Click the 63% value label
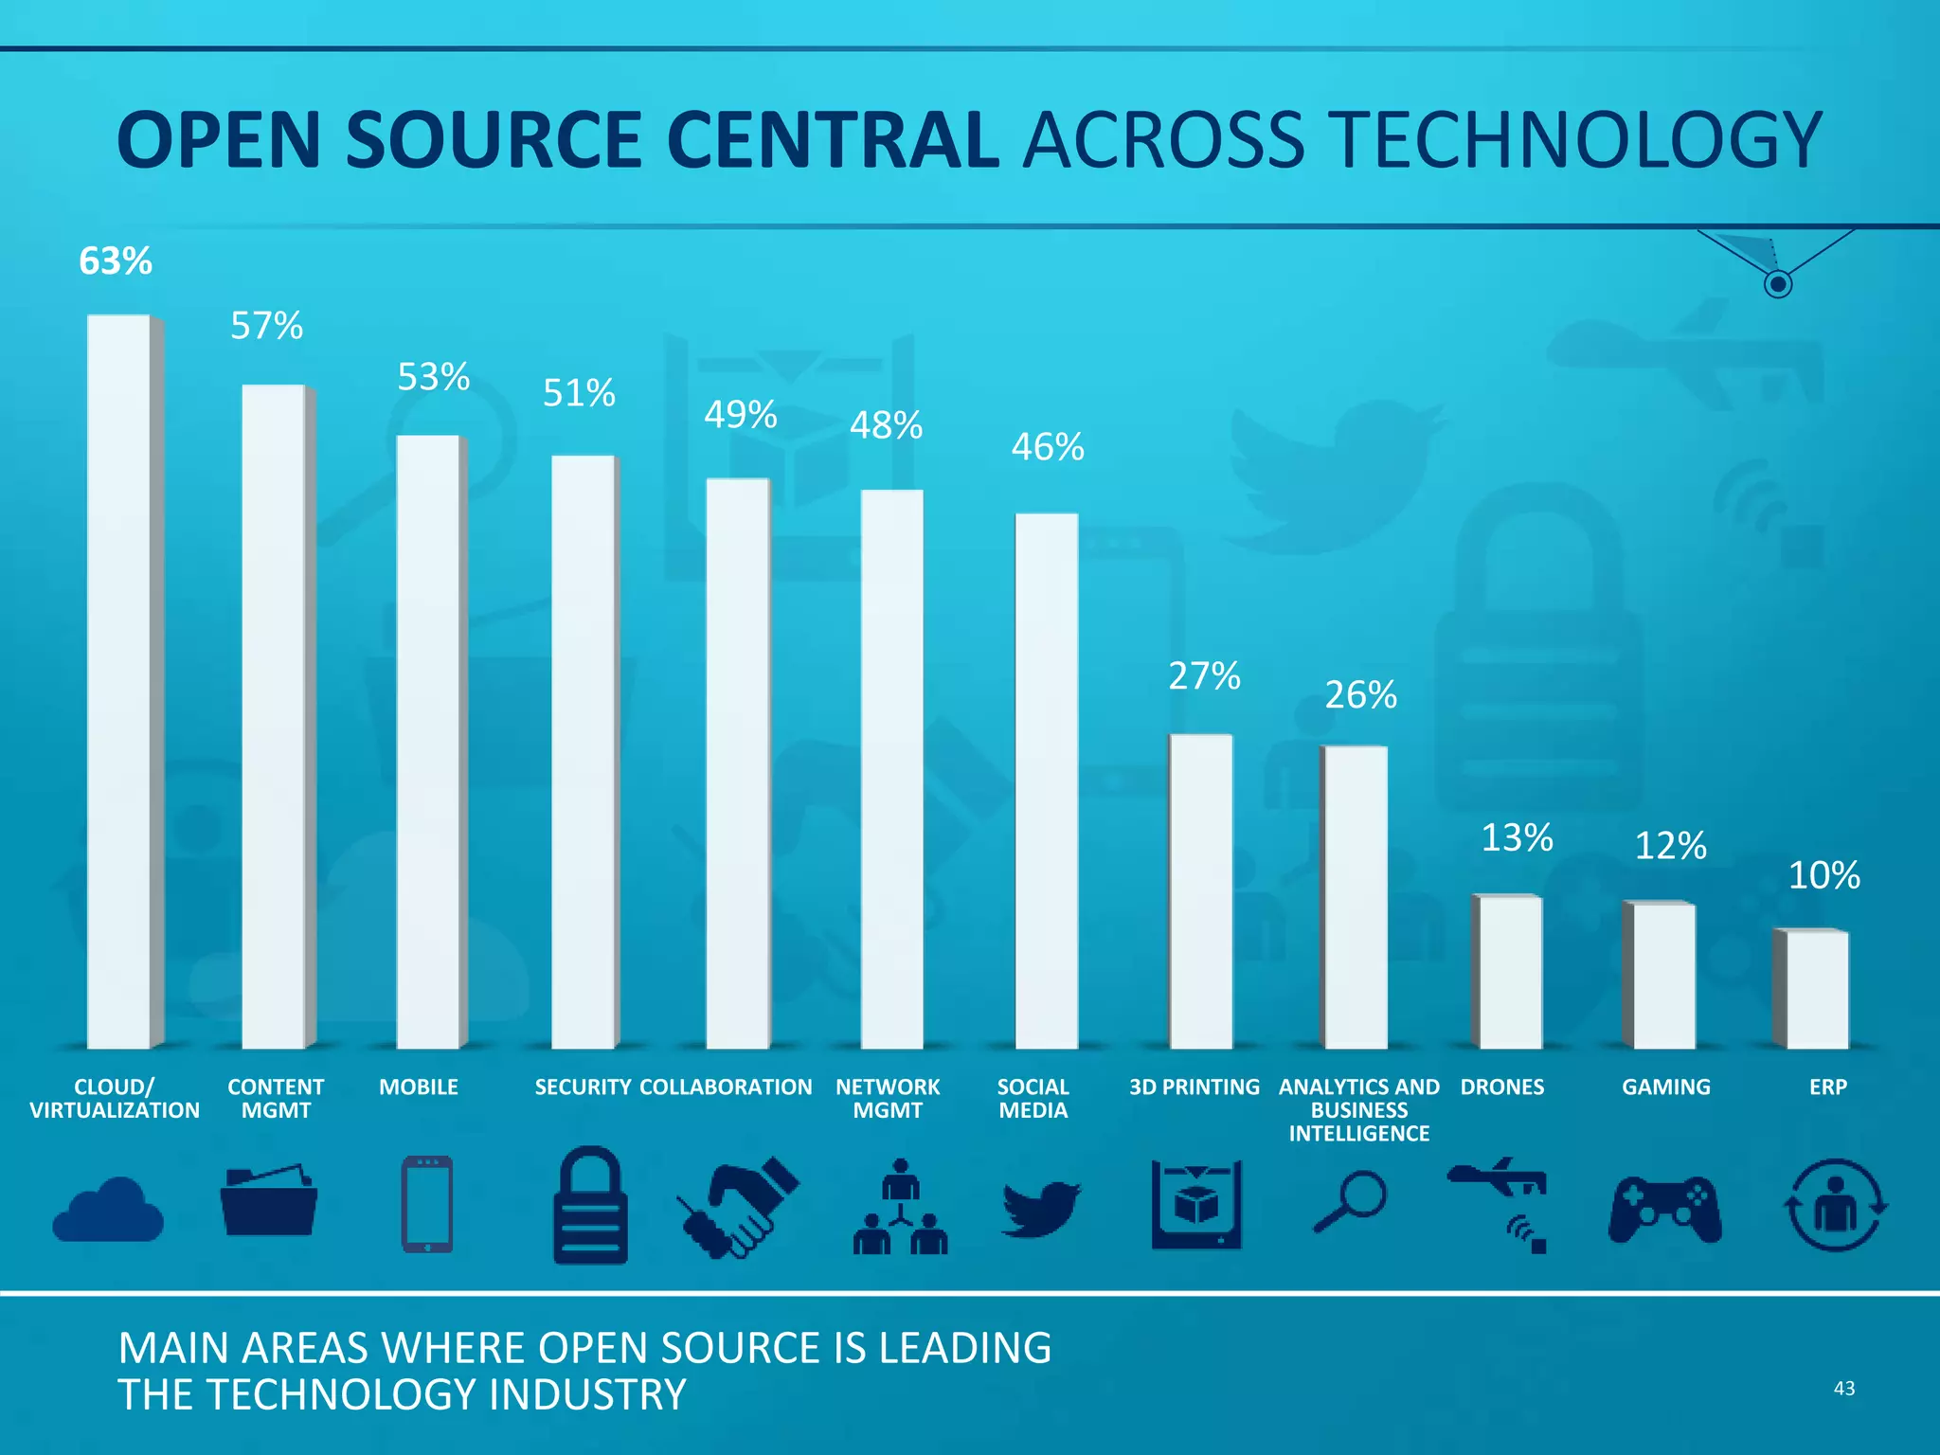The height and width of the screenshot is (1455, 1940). (x=116, y=261)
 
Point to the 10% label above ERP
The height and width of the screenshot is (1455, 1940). (x=1823, y=875)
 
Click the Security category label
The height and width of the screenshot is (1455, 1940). (x=582, y=1087)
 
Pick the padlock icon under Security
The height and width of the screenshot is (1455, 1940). (x=590, y=1206)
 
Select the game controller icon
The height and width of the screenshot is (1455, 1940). (x=1664, y=1210)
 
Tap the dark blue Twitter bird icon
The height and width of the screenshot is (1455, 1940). (x=1040, y=1208)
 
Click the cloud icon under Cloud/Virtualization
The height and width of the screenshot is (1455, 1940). (x=108, y=1210)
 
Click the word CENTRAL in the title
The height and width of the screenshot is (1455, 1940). (x=833, y=140)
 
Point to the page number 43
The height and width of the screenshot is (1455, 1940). (x=1843, y=1389)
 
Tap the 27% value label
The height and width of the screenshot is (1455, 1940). (x=1203, y=676)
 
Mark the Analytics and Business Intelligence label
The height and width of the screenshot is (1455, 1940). (x=1358, y=1110)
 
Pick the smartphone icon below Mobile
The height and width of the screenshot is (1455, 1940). (x=427, y=1204)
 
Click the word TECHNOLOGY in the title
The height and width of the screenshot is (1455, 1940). (x=1575, y=140)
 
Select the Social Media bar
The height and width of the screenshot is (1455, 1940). (x=1047, y=781)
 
